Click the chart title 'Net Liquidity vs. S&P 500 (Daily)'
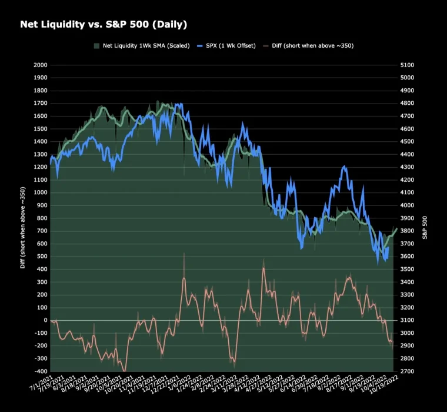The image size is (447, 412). point(104,24)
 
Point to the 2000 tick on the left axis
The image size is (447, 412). point(39,65)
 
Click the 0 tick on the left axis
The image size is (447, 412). point(45,320)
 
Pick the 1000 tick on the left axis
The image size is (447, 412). point(39,192)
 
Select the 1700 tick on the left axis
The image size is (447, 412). point(39,103)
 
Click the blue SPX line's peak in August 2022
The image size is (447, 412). point(344,167)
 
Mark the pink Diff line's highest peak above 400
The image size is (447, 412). point(263,268)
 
